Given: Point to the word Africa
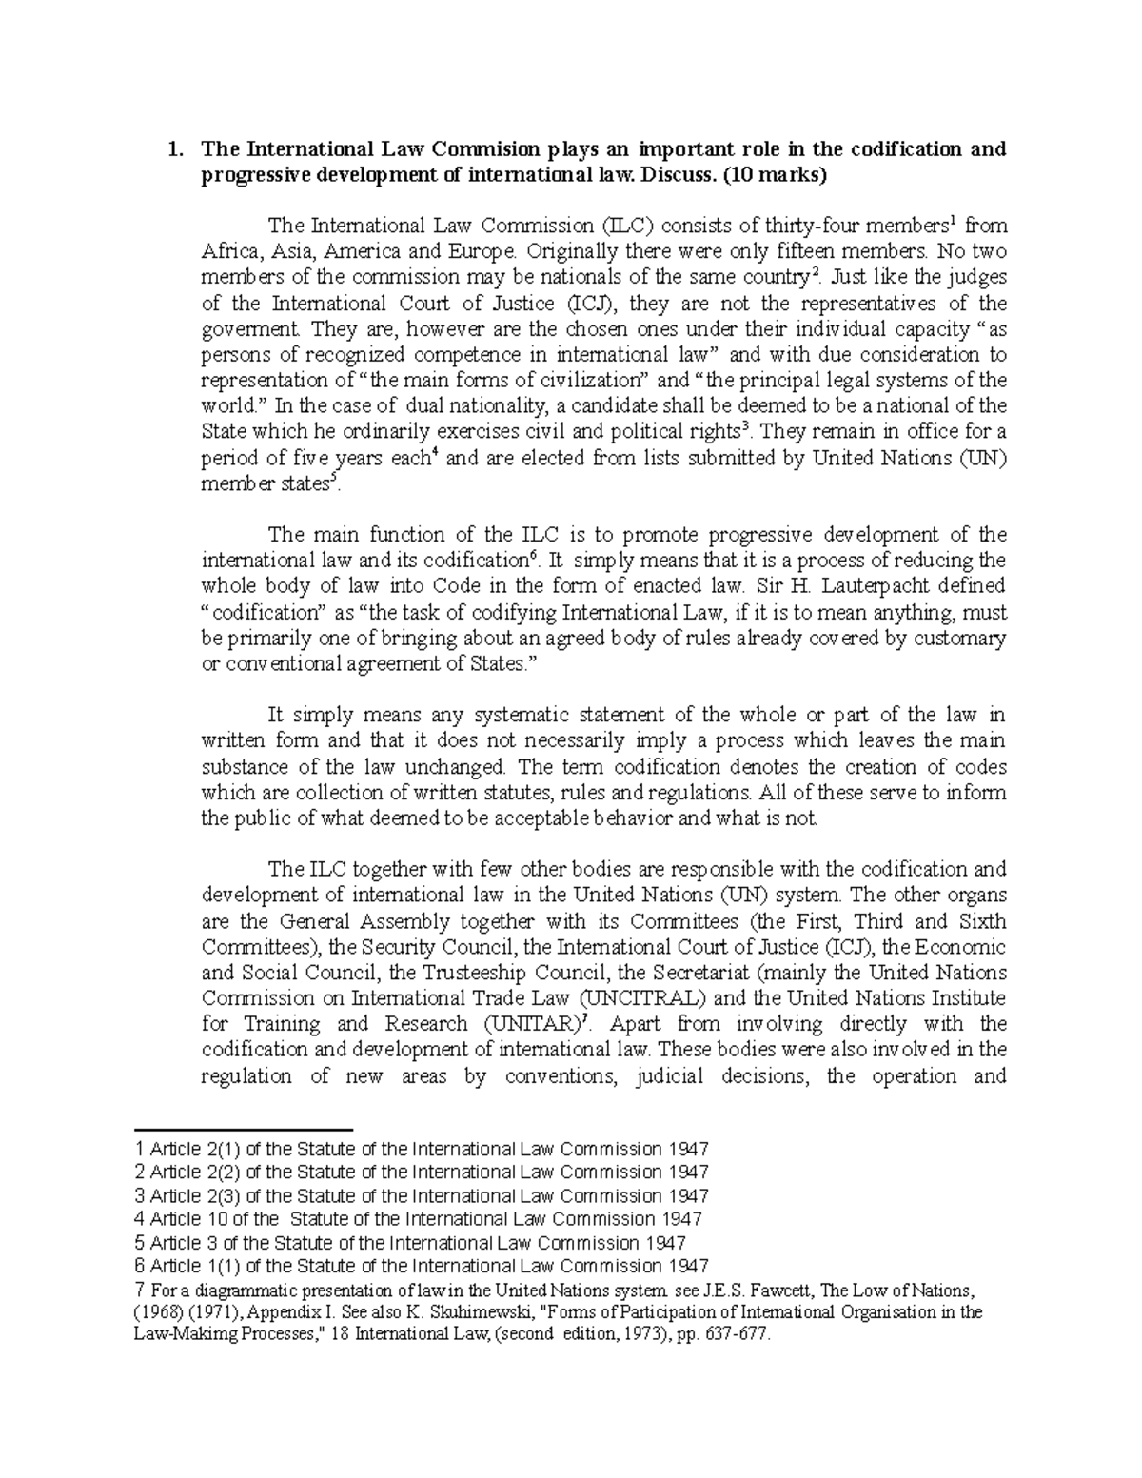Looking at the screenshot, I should click(229, 252).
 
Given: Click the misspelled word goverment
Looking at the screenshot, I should click(248, 329).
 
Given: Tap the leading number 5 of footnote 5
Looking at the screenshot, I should click(141, 1243).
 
